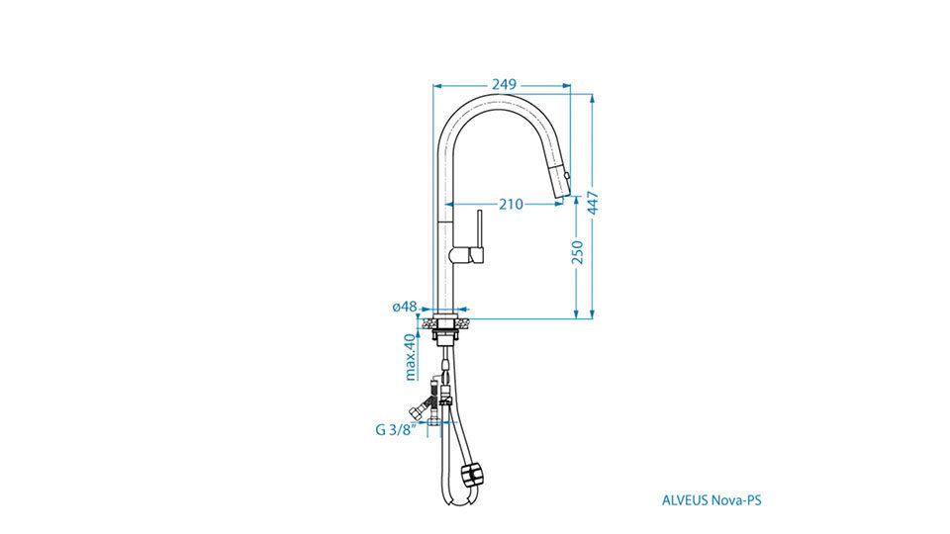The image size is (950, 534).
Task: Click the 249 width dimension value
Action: coord(504,85)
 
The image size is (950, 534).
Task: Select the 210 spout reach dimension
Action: coord(511,205)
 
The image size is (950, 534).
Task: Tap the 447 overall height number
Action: coord(593,203)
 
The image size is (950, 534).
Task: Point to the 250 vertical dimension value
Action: coord(577,252)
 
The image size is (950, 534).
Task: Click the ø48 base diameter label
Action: coord(405,307)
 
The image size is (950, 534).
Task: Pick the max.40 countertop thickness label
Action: coord(410,357)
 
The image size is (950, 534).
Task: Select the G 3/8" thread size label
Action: coord(396,430)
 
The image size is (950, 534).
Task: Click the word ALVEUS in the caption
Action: coord(685,500)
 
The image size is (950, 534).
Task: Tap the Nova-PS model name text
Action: coord(736,500)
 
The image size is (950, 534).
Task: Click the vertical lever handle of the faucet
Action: coord(480,230)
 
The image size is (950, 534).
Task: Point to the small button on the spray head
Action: coord(567,176)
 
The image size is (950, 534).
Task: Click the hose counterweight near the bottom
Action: coord(473,474)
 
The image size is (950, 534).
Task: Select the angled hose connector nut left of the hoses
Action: coord(417,412)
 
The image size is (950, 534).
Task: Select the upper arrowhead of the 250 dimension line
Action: coord(576,202)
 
